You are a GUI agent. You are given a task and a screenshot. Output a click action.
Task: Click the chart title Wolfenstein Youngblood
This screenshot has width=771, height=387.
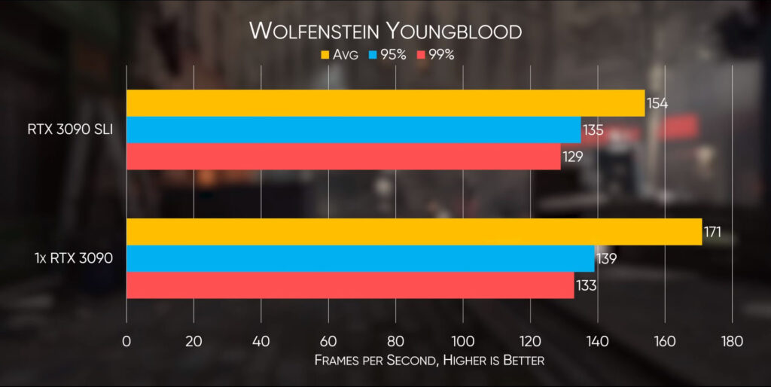[x=385, y=31]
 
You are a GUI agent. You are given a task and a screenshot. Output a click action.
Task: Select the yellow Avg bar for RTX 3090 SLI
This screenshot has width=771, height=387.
[x=385, y=103]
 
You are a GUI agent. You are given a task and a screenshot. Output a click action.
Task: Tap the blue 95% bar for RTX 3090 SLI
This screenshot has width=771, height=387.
[x=353, y=130]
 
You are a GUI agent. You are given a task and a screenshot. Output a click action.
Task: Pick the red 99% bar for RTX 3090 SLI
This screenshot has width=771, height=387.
[x=343, y=156]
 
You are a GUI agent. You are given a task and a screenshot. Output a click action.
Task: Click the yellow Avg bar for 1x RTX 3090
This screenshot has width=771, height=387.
[x=413, y=232]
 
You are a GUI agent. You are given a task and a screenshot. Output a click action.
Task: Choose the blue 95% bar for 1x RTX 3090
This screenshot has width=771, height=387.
[x=360, y=258]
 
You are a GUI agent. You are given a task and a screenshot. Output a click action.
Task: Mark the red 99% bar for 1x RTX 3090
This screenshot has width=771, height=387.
[x=350, y=285]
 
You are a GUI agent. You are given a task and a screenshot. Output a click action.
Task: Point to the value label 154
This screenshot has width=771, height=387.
[x=657, y=103]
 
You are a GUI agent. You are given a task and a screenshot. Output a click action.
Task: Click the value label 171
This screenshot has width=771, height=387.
[x=712, y=232]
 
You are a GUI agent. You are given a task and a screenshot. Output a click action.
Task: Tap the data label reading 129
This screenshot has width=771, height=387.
[x=572, y=157]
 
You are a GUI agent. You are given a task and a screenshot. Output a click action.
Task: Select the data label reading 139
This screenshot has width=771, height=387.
[x=606, y=258]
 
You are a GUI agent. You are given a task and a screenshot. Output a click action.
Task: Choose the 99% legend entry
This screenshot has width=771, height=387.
[x=435, y=54]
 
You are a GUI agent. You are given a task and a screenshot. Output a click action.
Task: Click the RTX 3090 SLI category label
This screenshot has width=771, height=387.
[x=69, y=130]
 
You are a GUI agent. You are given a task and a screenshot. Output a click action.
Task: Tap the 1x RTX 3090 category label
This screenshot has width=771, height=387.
[x=74, y=258]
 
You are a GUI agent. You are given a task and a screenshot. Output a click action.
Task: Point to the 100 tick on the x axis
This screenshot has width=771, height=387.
[x=462, y=341]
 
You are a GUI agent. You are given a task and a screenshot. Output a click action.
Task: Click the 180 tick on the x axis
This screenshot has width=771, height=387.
[x=731, y=341]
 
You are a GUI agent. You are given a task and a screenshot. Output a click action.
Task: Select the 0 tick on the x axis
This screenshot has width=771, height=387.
[x=126, y=341]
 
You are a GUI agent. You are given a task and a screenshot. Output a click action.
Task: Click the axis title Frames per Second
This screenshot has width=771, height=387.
[x=429, y=361]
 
